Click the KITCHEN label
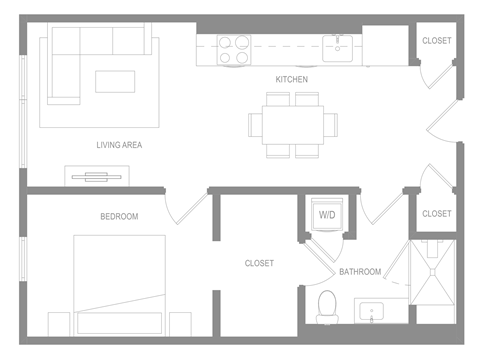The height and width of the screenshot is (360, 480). click(292, 79)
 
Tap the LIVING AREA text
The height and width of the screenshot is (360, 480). click(119, 145)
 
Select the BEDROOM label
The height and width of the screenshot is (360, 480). click(119, 216)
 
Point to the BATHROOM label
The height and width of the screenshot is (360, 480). click(359, 272)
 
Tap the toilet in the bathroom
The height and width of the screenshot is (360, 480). click(327, 304)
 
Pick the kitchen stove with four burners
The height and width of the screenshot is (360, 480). click(234, 50)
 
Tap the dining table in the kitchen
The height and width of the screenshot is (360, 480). click(293, 124)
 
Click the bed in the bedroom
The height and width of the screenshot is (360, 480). click(119, 285)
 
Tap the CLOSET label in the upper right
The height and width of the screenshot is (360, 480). click(436, 41)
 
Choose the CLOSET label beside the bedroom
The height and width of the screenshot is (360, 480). click(259, 264)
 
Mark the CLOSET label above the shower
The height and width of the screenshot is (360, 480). click(436, 214)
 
